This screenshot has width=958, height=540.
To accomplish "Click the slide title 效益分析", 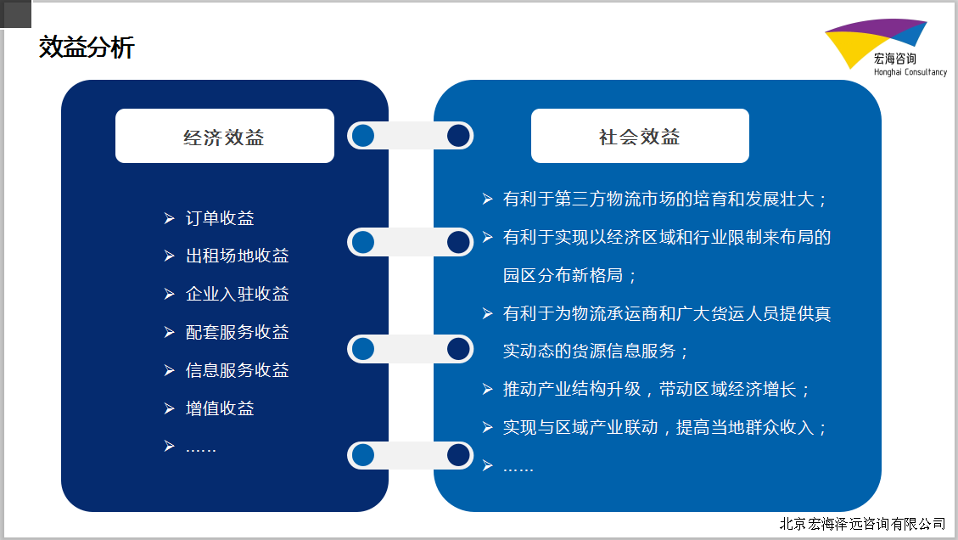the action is (x=87, y=47).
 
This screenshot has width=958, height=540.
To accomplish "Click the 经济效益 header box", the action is (x=225, y=136).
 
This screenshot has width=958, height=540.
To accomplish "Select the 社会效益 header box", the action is (x=640, y=136).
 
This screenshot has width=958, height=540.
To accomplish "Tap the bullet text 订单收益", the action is (x=220, y=218).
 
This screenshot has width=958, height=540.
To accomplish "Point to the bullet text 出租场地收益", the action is (x=237, y=256).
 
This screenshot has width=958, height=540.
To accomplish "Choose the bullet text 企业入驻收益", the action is (x=237, y=294).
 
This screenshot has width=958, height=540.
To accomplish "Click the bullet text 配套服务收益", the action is (x=237, y=332).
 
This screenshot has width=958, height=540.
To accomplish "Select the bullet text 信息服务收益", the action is (x=237, y=370).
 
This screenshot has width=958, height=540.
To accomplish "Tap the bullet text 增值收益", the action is (x=220, y=408).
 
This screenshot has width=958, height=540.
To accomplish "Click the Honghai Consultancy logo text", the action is (x=910, y=72).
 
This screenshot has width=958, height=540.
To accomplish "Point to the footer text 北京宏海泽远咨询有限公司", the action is (x=863, y=524).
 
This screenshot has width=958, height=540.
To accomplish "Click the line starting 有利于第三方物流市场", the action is (x=665, y=200).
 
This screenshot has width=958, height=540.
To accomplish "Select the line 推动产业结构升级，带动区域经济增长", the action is (x=657, y=390).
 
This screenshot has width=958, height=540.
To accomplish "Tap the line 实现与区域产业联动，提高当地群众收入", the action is (x=665, y=427).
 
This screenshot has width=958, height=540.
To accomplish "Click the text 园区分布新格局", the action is (x=569, y=275).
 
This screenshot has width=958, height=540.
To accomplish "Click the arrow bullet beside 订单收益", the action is (x=169, y=218).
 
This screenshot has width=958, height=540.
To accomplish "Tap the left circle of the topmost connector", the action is (x=363, y=136).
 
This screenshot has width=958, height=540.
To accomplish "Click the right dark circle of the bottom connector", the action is (x=458, y=455).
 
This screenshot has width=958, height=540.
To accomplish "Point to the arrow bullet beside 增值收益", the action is (x=169, y=408).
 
